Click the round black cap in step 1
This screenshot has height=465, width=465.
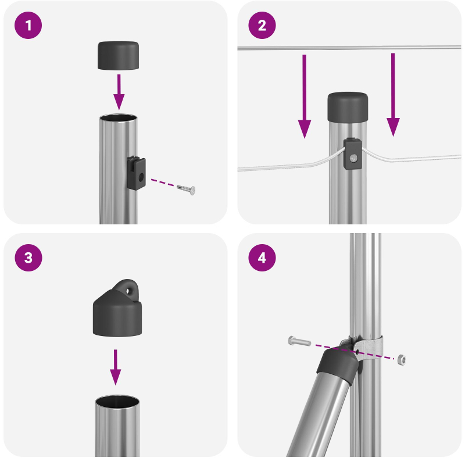pos(119,55)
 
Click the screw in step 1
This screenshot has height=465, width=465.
pos(187,189)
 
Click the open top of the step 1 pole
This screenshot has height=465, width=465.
pos(119,119)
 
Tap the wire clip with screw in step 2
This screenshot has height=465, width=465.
pos(352,154)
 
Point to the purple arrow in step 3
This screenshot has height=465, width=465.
pos(116,366)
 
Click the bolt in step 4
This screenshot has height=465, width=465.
pos(299,341)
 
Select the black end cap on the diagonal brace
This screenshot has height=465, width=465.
pos(335,364)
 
